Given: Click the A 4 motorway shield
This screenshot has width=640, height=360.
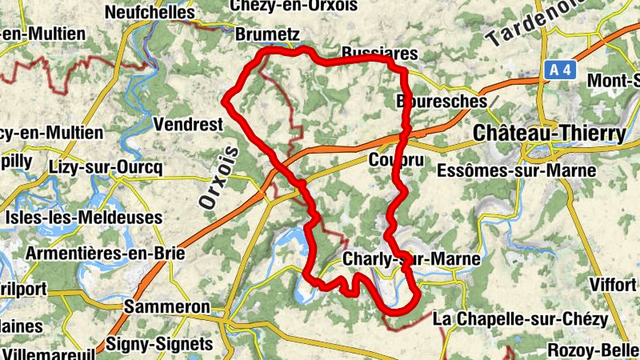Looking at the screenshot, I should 561,70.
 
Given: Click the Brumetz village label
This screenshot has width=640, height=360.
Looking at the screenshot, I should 267,34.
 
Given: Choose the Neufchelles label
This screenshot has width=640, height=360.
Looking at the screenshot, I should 150,12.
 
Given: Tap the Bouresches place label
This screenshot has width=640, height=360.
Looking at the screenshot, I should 442,102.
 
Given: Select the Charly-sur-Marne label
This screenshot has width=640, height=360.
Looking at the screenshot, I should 411,259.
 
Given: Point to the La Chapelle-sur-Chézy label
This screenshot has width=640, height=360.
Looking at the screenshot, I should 519,319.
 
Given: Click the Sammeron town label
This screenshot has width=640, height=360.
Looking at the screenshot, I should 166,307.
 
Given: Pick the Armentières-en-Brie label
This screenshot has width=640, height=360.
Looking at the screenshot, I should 106,254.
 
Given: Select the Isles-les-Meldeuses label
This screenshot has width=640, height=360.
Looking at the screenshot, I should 83,218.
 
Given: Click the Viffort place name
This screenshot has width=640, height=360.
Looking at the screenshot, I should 613,284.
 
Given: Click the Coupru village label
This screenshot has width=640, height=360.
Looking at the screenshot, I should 390,160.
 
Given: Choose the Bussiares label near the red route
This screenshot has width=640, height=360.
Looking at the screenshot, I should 380,53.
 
